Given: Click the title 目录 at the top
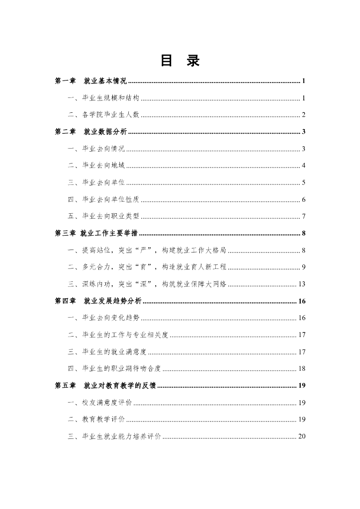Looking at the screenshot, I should (x=180, y=61).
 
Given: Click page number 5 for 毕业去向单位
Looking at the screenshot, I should (x=303, y=183).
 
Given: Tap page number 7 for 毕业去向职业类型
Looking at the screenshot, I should (x=303, y=217).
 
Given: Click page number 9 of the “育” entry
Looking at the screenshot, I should (x=303, y=267).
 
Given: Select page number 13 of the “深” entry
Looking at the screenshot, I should (x=301, y=284).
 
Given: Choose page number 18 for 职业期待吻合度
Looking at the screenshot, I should (x=301, y=369).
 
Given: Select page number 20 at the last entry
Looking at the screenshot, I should (x=301, y=436).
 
